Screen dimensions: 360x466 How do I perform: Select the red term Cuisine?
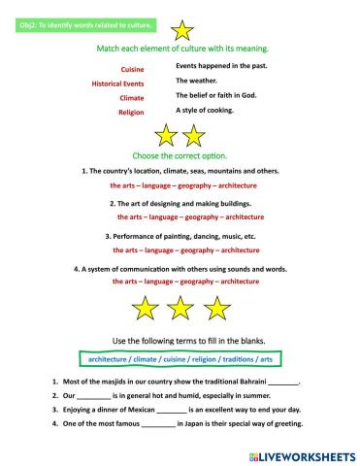coord(132,70)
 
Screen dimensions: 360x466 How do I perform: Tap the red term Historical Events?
coord(117,84)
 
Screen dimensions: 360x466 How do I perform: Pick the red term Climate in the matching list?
coord(131,98)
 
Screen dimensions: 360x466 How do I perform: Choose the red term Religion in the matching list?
coord(131,113)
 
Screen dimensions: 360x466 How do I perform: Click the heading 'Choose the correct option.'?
coord(180,155)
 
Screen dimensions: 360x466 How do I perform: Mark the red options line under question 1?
coord(180,184)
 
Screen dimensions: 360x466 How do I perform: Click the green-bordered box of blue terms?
coord(179,358)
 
